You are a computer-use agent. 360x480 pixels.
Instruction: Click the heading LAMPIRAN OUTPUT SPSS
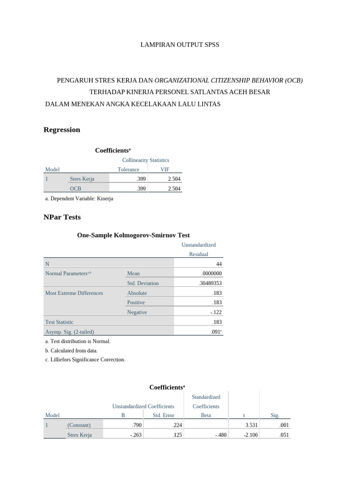pyautogui.click(x=180, y=45)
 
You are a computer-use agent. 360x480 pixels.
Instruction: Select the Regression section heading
pyautogui.click(x=61, y=130)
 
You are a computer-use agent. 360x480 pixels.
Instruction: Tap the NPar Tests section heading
pyautogui.click(x=62, y=217)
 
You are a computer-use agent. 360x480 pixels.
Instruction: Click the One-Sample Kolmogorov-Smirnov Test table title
pyautogui.click(x=133, y=235)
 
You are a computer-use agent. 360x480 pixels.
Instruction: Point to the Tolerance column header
pyautogui.click(x=128, y=169)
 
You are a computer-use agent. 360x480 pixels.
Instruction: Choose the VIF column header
pyautogui.click(x=165, y=169)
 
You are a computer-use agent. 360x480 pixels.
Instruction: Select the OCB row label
pyautogui.click(x=75, y=188)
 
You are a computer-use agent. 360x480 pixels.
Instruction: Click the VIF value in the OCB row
pyautogui.click(x=173, y=188)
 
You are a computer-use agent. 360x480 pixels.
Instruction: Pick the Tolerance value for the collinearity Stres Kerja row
pyautogui.click(x=141, y=179)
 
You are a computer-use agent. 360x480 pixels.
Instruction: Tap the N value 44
pyautogui.click(x=218, y=264)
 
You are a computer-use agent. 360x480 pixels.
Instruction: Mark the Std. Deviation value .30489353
pyautogui.click(x=210, y=283)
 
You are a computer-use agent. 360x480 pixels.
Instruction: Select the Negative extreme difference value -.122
pyautogui.click(x=216, y=312)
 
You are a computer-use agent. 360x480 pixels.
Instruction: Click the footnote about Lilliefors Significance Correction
pyautogui.click(x=85, y=360)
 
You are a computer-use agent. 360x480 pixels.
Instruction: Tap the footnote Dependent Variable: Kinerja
pyautogui.click(x=79, y=198)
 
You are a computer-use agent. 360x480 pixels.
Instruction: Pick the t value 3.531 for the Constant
pyautogui.click(x=251, y=425)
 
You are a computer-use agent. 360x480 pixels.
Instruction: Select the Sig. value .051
pyautogui.click(x=284, y=435)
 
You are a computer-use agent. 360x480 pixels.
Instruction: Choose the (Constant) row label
pyautogui.click(x=79, y=425)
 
